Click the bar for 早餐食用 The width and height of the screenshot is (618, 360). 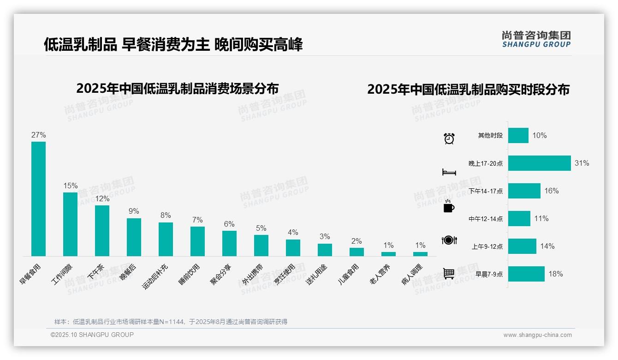point(38,198)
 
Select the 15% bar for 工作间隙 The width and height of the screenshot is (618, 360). point(70,224)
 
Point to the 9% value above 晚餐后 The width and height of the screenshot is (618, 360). point(134,211)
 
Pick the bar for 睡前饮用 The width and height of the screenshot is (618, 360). point(197,241)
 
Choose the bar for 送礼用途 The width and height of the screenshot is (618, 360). point(325,250)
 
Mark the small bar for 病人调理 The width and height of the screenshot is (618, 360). point(420,254)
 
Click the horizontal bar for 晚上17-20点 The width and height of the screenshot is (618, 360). point(540,163)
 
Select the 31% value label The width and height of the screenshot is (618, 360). point(582,163)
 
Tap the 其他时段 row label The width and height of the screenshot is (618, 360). point(490,136)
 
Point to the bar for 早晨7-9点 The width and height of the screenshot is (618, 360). point(526,274)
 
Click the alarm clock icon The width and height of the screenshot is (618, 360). point(449,138)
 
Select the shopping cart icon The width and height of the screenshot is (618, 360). point(449,274)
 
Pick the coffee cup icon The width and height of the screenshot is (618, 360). point(449,207)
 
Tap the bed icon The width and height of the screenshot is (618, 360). point(449,172)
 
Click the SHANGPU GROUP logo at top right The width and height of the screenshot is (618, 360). point(536,39)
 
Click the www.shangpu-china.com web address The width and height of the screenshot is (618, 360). point(537,335)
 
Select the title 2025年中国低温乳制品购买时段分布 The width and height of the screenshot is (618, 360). point(468,90)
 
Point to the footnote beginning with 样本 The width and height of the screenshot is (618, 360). point(171,322)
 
